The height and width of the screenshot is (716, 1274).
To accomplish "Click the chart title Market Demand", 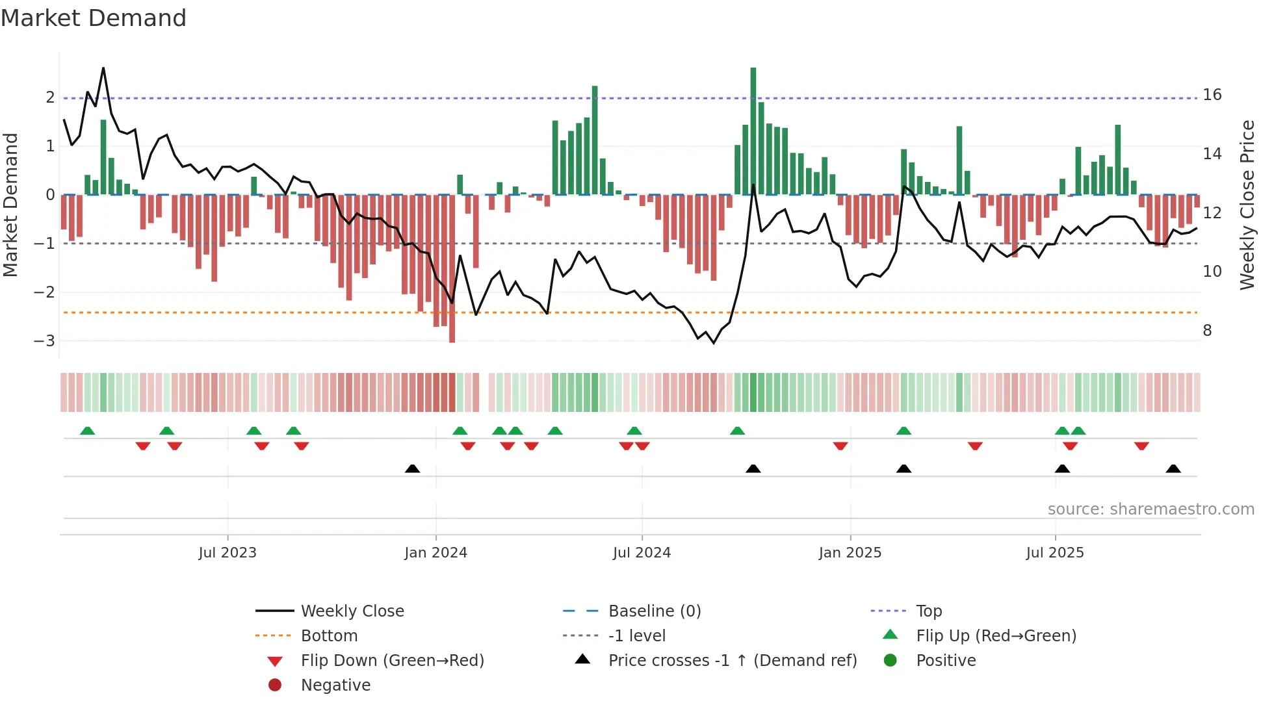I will (x=94, y=18).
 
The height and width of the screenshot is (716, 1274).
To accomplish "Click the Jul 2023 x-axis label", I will (x=227, y=553).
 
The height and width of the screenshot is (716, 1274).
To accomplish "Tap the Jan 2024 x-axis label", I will (x=435, y=553).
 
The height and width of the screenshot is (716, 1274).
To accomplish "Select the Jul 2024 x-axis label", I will (x=642, y=553).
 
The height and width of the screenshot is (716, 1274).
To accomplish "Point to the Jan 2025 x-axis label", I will (x=850, y=553).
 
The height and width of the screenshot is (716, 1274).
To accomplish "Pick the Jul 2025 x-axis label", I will (x=1055, y=553).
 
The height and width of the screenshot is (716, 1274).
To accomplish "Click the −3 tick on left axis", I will (x=44, y=341).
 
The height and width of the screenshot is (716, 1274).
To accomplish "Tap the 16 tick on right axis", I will (x=1212, y=95).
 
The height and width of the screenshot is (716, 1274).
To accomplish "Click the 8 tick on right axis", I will (x=1207, y=331).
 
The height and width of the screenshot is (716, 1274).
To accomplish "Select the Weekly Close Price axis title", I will (x=1247, y=205).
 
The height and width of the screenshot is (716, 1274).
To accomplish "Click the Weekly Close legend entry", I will (x=352, y=611).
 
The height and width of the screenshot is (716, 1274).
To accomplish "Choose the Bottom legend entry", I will (x=329, y=636).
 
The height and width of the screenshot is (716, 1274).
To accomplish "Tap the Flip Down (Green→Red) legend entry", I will (x=392, y=661).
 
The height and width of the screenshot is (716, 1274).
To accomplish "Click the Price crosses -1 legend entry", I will (x=732, y=661).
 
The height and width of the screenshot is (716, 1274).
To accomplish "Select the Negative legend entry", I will (x=335, y=685).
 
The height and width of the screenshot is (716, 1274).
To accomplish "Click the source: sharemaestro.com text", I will (x=1150, y=509).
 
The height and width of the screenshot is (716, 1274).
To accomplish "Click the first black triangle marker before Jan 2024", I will (x=412, y=468).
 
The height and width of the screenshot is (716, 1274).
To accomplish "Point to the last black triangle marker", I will (x=1173, y=468).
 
